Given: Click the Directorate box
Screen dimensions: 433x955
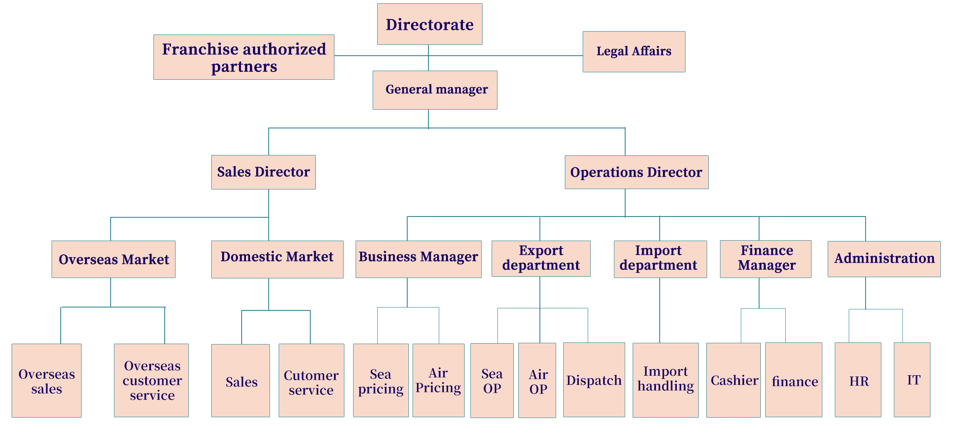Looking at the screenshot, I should pos(430,24).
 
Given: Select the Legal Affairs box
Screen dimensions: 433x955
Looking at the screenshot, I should pos(633,52).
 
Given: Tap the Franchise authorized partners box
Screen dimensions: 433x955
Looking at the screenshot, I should pos(244,57).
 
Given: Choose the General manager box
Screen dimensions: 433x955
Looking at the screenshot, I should pos(435,90).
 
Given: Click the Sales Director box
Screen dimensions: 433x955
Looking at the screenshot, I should pos(263,172).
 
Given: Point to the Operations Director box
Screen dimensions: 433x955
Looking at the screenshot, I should pos(636,172).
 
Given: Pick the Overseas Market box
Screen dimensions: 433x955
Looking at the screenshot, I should pos(114,259).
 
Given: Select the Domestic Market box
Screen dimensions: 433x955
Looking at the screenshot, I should pos(277,259).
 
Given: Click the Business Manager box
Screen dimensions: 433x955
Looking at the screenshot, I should pos(418,259).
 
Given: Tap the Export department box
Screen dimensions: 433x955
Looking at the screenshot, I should pos(541,258).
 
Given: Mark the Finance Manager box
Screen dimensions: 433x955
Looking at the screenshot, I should pos(766,258).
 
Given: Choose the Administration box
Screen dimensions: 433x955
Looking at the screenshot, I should pos(884,259).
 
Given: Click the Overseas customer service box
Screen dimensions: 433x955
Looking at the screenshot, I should pos(152,380).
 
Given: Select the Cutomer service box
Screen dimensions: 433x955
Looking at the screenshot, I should pos(311,381).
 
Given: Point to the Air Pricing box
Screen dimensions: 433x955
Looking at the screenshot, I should pos(438,380).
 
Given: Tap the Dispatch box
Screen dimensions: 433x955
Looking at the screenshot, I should pos(594,380).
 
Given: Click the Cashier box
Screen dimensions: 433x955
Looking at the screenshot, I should pos(734,380).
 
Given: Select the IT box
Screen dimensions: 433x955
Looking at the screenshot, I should pos(912,380).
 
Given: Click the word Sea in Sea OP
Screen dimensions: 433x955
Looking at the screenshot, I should pos(492,374).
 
